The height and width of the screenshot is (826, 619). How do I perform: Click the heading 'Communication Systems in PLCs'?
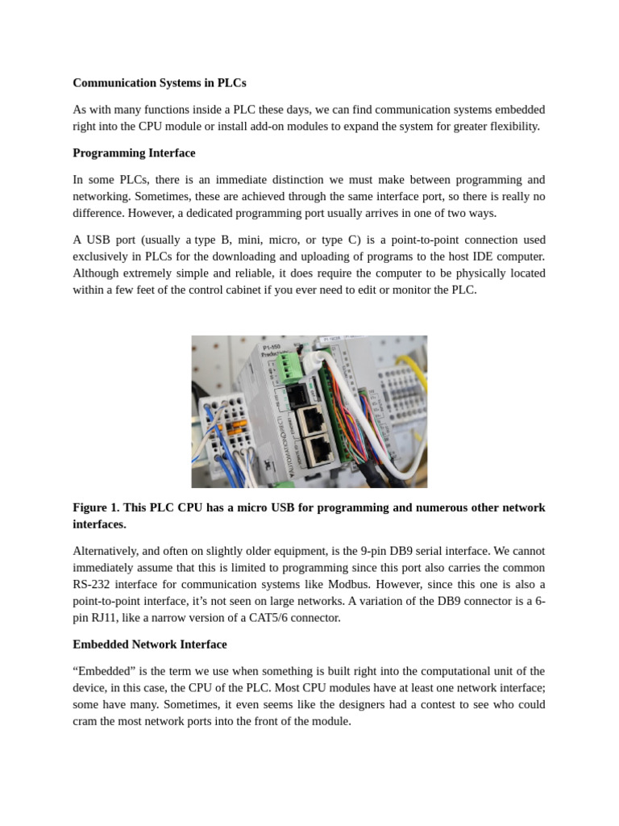point(160,82)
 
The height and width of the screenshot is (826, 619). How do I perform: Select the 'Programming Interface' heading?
point(134,152)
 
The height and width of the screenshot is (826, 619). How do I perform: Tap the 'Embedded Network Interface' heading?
point(150,644)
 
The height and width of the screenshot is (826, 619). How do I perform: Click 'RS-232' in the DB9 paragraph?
point(91,584)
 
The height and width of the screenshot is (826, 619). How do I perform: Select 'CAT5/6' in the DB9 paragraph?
point(269,618)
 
